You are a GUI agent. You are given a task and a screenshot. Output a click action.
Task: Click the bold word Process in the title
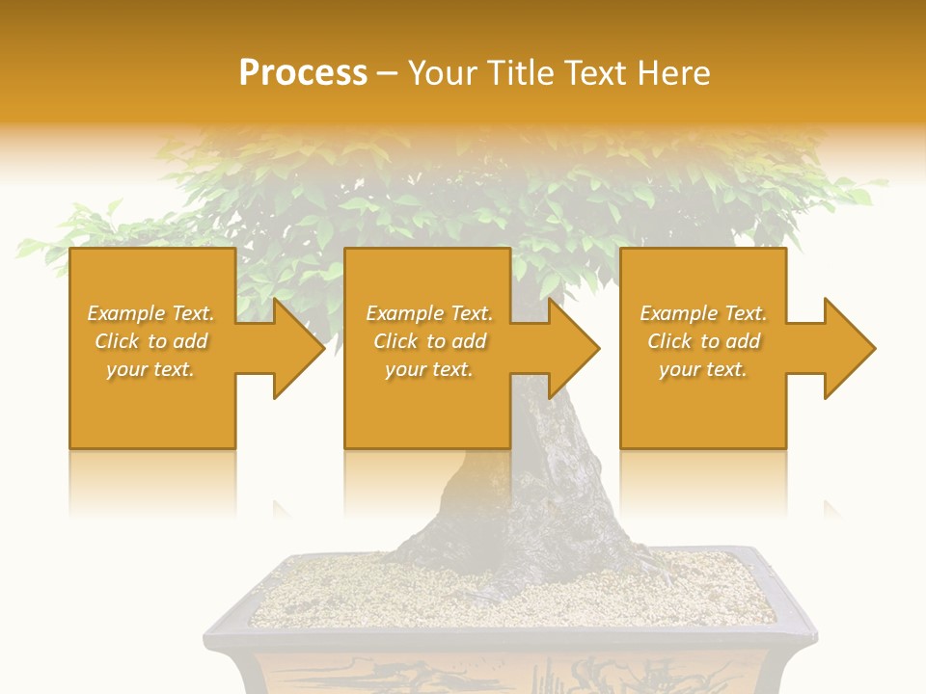pos(303,73)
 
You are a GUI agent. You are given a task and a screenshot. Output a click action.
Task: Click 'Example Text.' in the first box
pos(150,313)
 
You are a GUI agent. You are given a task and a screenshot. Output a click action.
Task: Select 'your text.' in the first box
pos(150,369)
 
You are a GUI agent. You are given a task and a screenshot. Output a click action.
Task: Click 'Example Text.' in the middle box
pos(429,313)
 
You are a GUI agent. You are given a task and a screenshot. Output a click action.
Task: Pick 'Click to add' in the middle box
pos(429,341)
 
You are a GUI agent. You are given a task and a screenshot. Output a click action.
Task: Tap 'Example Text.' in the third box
pos(703,313)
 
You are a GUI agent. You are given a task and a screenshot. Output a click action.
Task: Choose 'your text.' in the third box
pos(703,369)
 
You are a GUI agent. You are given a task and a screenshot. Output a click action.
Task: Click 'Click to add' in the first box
pos(150,341)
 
